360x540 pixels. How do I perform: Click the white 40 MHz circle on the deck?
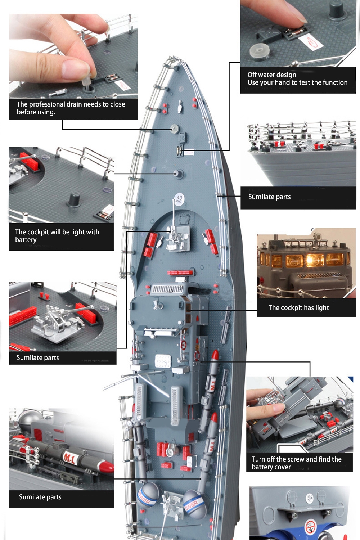179,199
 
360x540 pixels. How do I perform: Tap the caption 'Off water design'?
272,75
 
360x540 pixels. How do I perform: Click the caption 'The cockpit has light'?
298,307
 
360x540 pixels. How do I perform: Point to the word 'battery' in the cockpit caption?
26,240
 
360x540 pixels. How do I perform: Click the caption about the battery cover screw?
296,463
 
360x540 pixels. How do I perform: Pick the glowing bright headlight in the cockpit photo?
312,259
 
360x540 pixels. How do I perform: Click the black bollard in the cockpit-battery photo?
75,199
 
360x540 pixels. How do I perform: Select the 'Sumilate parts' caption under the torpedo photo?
40,497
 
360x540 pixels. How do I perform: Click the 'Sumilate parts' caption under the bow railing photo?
269,197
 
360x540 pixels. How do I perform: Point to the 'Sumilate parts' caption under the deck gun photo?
37,357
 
